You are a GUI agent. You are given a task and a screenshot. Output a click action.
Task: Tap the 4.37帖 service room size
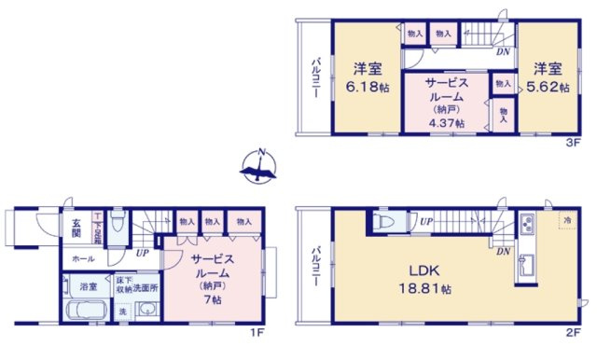pos(447,122)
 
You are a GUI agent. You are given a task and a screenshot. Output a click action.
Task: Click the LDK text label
pos(411,271)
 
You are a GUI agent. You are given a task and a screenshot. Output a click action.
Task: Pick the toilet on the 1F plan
pos(118,228)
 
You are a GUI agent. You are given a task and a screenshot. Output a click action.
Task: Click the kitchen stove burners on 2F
pos(525,225)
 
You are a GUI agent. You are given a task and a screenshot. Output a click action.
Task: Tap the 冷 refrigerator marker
pos(566,219)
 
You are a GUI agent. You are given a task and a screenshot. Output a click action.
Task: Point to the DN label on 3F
pos(502,52)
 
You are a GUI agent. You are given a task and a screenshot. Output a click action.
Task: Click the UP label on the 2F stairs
pos(425,221)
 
